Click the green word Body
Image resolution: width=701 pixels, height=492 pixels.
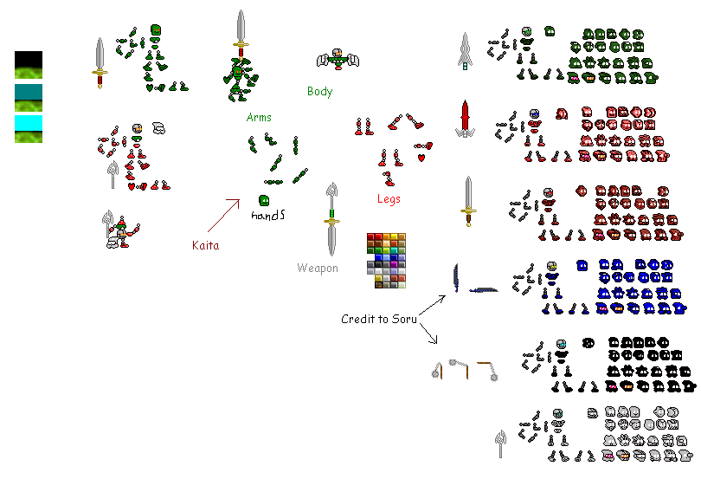[319, 91]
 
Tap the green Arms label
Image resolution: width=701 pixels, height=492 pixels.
[259, 117]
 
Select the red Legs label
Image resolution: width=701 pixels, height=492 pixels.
[389, 198]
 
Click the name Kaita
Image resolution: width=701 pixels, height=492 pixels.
[205, 245]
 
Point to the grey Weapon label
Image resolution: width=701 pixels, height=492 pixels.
[318, 268]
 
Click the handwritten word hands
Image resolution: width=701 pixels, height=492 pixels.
[267, 215]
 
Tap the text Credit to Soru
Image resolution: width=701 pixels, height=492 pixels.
[378, 319]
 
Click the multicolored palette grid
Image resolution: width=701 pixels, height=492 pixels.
[386, 261]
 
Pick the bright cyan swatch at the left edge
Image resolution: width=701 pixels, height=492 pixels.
[28, 124]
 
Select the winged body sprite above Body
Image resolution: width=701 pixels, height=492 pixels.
[338, 59]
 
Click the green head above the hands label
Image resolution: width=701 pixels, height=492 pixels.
[264, 200]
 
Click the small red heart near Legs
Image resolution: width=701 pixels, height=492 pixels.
[421, 159]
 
